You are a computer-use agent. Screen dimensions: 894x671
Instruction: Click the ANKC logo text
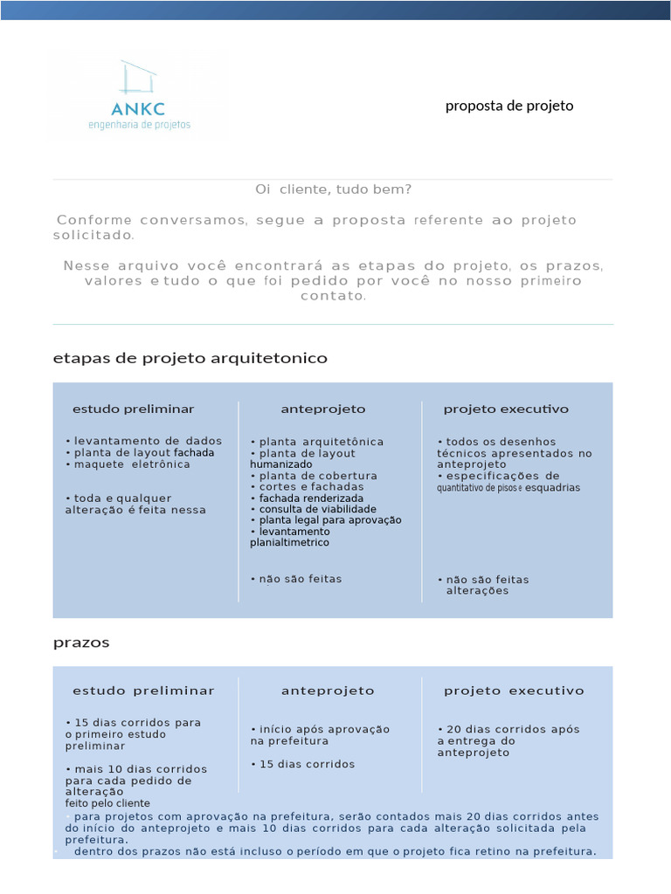coord(139,109)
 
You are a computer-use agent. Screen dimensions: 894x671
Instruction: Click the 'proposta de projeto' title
coord(509,106)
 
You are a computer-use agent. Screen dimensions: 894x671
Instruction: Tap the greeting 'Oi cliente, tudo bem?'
coord(333,189)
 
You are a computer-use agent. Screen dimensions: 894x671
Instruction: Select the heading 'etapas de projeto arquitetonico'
coord(190,358)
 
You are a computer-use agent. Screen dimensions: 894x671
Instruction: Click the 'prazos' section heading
coord(81,642)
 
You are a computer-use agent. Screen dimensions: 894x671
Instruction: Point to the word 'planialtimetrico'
coord(289,542)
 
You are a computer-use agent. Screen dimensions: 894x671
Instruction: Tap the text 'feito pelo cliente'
coord(107,803)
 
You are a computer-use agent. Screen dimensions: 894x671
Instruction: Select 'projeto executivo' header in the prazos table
coord(514,691)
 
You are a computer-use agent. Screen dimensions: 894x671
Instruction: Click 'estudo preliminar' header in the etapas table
coord(133,409)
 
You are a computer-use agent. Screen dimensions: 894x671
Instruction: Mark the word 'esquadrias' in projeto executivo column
coord(551,488)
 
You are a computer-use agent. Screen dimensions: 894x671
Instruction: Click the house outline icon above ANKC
coord(139,77)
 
